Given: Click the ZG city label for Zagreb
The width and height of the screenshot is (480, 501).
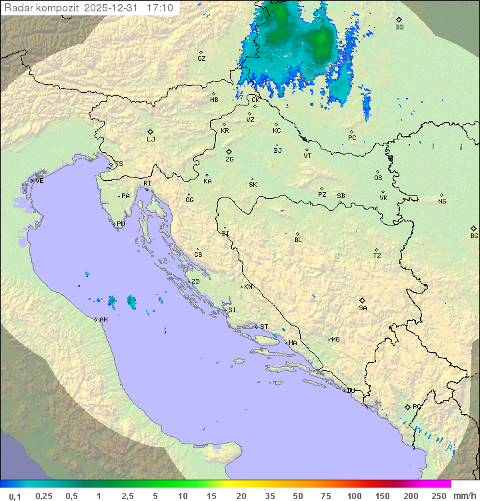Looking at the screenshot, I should click(229, 159).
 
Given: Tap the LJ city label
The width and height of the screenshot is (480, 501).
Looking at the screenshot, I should click(151, 139).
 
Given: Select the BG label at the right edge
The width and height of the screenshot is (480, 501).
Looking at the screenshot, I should click(474, 235).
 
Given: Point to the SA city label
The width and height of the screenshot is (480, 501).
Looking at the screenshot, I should click(363, 308).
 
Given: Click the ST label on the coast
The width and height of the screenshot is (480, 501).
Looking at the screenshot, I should click(264, 327).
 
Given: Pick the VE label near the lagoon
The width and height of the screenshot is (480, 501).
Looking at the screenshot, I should click(39, 181).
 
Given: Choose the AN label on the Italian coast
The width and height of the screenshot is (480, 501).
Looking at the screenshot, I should click(103, 320).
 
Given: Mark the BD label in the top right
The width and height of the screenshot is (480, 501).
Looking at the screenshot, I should click(399, 27).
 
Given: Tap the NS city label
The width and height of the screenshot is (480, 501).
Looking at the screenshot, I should click(442, 201).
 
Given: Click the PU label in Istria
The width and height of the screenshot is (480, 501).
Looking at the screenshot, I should click(121, 224).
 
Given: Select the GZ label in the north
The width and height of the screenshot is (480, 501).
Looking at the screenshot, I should click(201, 59).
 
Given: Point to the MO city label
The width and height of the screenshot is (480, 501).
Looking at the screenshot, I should click(335, 340).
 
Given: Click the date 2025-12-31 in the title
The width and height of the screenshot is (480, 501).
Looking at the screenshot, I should click(113, 8).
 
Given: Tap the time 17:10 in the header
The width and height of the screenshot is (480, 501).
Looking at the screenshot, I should click(161, 8).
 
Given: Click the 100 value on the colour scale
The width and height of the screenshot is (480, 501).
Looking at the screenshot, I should click(354, 496).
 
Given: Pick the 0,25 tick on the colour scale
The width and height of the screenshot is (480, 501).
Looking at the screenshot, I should click(44, 496).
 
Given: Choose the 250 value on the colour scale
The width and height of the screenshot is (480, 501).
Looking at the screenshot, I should click(438, 496).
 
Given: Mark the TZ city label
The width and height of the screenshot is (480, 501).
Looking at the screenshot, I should click(377, 256).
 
